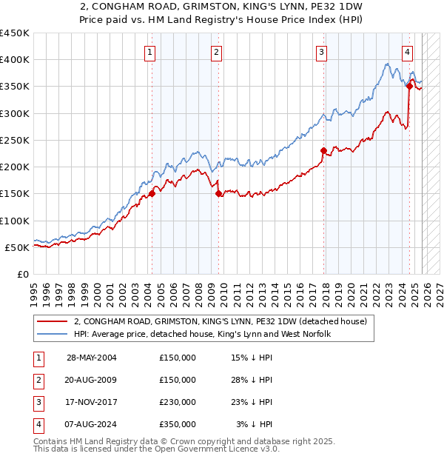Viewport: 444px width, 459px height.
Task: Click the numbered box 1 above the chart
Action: tap(150, 52)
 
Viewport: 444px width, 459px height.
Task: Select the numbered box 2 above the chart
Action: tap(216, 52)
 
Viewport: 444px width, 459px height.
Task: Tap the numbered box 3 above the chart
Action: tap(322, 52)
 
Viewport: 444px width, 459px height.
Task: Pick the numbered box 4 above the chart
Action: tap(408, 52)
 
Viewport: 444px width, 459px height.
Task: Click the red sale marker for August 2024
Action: tap(409, 86)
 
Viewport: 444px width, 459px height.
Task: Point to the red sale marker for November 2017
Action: tap(323, 150)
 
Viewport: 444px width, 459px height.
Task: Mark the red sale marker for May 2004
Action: tap(152, 193)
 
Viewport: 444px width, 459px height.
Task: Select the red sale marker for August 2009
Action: tap(218, 193)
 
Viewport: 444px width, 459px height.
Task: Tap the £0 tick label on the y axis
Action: tap(24, 275)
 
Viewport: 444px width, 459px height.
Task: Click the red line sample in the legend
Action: tap(51, 322)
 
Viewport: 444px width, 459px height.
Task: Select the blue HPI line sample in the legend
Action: tap(51, 335)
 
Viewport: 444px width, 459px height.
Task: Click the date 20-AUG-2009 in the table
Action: tap(92, 380)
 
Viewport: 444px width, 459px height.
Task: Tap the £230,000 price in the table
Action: tap(178, 402)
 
